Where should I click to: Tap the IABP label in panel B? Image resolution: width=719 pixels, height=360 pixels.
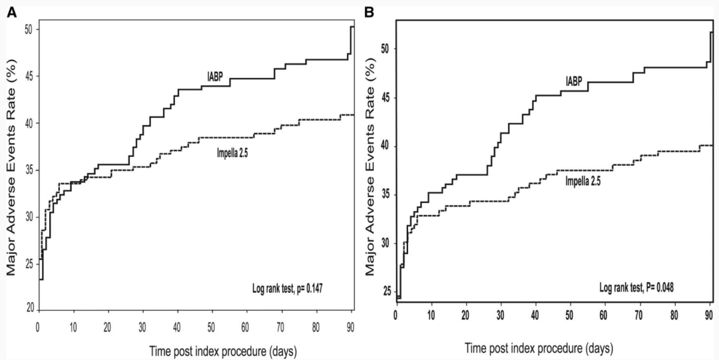(573, 81)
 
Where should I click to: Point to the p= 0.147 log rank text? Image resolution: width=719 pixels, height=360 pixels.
(288, 287)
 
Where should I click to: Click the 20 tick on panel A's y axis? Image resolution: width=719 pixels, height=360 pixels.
(29, 309)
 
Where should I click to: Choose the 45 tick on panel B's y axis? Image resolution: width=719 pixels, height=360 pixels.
(386, 98)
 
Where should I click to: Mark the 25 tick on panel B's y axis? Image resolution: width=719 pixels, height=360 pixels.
(386, 291)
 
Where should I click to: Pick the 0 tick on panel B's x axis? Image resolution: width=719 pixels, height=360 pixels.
(396, 313)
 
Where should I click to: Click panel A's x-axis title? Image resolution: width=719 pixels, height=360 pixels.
(194, 348)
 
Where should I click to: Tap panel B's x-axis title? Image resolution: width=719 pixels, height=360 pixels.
(539, 347)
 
